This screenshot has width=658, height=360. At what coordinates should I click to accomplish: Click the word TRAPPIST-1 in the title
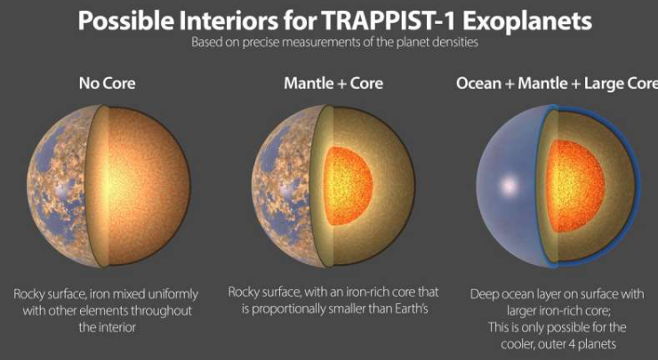pyautogui.click(x=389, y=20)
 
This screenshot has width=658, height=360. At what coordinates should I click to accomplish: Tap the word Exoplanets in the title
pyautogui.click(x=527, y=21)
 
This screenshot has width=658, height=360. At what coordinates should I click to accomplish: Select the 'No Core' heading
pyautogui.click(x=107, y=83)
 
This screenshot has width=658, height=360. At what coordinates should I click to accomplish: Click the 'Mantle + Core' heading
pyautogui.click(x=333, y=83)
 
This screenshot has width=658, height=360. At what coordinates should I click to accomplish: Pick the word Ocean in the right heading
pyautogui.click(x=478, y=83)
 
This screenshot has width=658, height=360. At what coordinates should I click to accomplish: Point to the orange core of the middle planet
pyautogui.click(x=349, y=186)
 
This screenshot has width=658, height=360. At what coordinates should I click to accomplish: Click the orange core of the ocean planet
pyautogui.click(x=575, y=186)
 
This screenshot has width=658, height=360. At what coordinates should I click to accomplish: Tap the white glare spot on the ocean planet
pyautogui.click(x=509, y=185)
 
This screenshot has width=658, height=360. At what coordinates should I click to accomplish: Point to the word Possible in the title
pyautogui.click(x=125, y=20)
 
